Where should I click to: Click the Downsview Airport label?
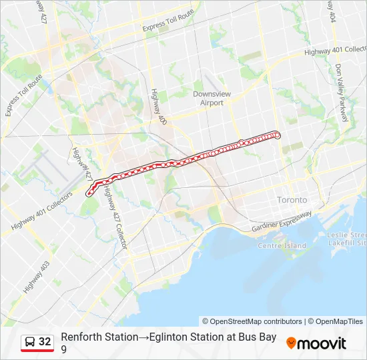212,98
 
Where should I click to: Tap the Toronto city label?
292,200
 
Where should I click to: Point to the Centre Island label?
282,245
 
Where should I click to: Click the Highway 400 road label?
158,107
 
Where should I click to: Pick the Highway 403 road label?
36,277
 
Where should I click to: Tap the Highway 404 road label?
332,12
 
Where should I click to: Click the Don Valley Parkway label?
342,93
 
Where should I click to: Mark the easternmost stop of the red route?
278,136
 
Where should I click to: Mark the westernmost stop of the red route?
89,194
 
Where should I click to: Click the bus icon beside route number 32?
30,342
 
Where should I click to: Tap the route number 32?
45,342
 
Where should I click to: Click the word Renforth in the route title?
81,337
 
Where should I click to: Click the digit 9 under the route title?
63,349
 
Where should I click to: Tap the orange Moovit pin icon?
291,343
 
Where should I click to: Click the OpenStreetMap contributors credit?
257,321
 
